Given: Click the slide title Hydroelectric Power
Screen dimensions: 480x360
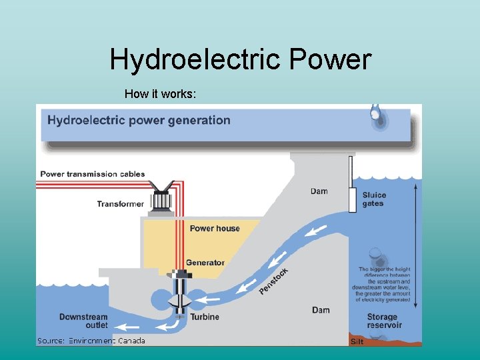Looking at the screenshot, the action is click(x=240, y=59).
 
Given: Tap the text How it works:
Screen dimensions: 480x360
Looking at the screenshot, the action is click(x=160, y=95).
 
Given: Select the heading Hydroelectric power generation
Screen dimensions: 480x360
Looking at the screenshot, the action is click(x=139, y=121).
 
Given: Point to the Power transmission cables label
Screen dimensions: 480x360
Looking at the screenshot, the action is click(x=93, y=174).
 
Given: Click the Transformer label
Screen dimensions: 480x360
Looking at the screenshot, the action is click(x=120, y=204).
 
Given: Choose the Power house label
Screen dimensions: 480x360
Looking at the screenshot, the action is click(x=215, y=229).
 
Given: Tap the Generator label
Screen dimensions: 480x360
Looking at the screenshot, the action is click(x=205, y=263).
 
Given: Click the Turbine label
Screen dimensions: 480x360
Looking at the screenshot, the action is click(x=205, y=317).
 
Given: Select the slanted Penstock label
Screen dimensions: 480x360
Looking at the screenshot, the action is click(x=273, y=281).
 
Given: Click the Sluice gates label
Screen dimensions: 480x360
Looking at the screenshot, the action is click(x=374, y=199).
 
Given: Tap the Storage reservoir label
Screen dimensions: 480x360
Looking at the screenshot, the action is click(x=385, y=321).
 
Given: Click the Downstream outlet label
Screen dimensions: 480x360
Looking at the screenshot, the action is click(x=83, y=321).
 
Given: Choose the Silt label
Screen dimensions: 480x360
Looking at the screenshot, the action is click(x=357, y=341).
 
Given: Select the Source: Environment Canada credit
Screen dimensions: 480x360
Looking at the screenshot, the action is click(x=91, y=341).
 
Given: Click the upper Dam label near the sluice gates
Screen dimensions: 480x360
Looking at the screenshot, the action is click(x=319, y=191).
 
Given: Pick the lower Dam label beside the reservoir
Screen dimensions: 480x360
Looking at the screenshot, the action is click(x=321, y=310).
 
